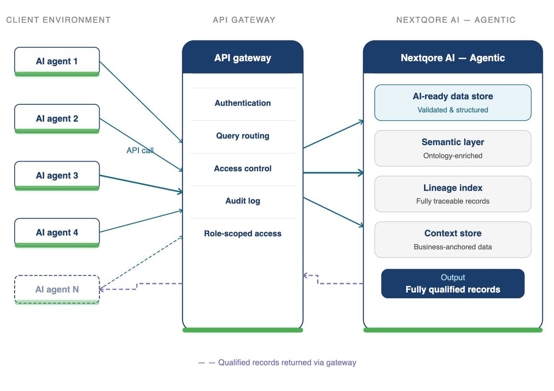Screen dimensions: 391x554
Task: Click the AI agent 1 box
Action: pyautogui.click(x=57, y=61)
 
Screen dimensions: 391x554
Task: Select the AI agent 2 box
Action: pyautogui.click(x=57, y=119)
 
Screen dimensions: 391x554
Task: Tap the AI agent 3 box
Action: pyautogui.click(x=57, y=176)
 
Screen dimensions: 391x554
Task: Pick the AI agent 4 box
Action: pyautogui.click(x=57, y=232)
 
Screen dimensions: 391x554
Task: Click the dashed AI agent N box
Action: pyautogui.click(x=57, y=290)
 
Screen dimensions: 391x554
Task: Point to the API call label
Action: pyautogui.click(x=140, y=150)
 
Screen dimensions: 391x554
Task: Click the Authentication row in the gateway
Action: pyautogui.click(x=242, y=103)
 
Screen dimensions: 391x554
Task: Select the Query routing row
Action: pyautogui.click(x=242, y=136)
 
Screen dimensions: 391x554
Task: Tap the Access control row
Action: pyautogui.click(x=242, y=168)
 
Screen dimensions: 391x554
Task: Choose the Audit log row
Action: pyautogui.click(x=242, y=201)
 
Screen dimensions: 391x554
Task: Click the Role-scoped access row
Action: pyautogui.click(x=242, y=234)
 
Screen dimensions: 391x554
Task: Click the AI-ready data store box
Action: pyautogui.click(x=453, y=103)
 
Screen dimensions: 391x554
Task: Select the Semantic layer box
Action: pyautogui.click(x=453, y=148)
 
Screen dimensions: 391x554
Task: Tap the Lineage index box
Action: pyautogui.click(x=453, y=194)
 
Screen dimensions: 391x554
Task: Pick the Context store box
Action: pyautogui.click(x=453, y=239)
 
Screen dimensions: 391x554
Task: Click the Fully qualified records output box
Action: pyautogui.click(x=453, y=284)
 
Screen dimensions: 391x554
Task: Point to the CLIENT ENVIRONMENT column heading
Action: pyautogui.click(x=59, y=20)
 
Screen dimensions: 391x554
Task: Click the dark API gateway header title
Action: pyautogui.click(x=242, y=58)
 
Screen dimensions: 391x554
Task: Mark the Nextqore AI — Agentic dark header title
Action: pyautogui.click(x=453, y=58)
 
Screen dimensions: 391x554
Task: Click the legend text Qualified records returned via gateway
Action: pyautogui.click(x=287, y=362)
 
